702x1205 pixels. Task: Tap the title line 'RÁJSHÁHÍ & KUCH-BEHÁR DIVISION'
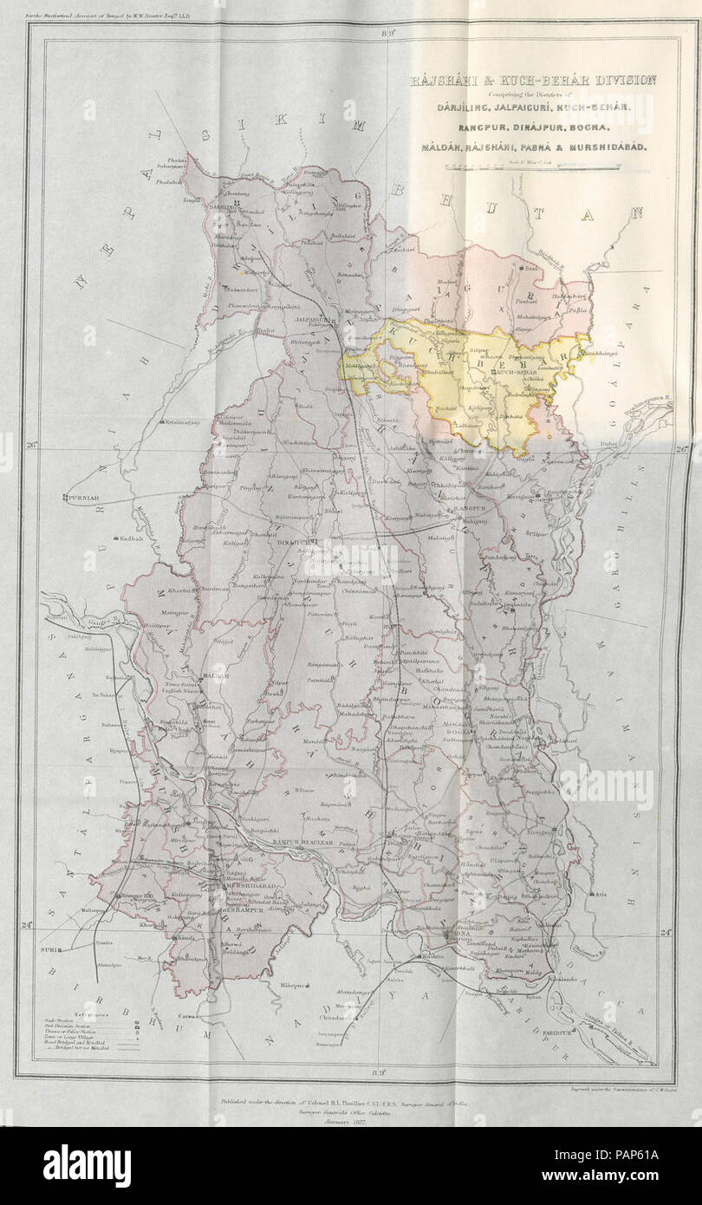point(533,80)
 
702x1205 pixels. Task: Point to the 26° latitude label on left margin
point(33,446)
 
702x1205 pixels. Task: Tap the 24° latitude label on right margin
point(666,933)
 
